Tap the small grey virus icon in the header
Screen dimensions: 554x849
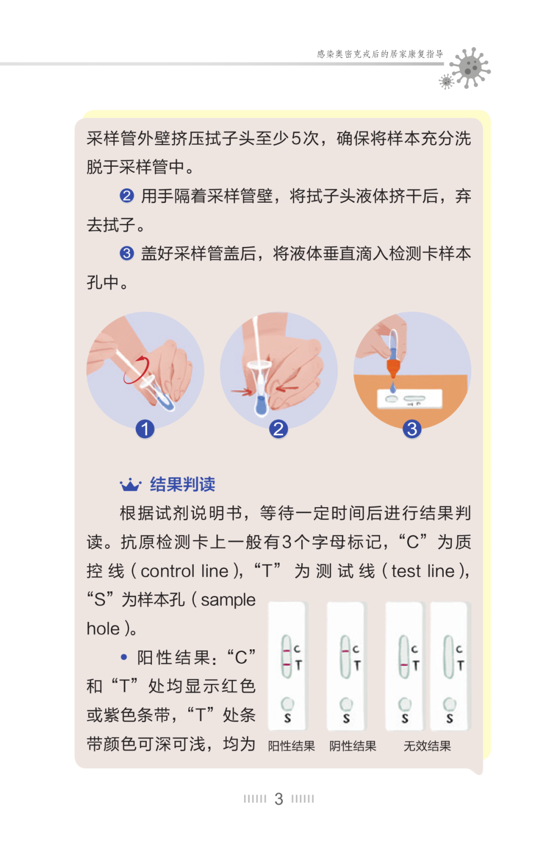point(446,82)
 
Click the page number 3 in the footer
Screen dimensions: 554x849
point(279,799)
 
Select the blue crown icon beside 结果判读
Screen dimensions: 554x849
point(131,485)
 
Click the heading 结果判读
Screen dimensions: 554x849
point(183,485)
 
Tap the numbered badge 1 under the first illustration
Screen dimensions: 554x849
point(145,429)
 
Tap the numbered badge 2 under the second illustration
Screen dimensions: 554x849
point(279,429)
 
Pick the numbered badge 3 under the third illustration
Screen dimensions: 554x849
point(412,429)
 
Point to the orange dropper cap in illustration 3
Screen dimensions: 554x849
point(393,367)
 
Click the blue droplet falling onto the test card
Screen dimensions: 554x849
point(393,388)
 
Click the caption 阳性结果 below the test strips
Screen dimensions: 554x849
point(291,746)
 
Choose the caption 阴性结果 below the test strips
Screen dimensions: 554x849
point(352,746)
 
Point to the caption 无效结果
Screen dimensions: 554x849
point(427,746)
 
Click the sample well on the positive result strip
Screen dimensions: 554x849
point(287,704)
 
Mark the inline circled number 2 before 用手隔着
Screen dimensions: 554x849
point(127,196)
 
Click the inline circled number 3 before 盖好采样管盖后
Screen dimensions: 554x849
point(127,253)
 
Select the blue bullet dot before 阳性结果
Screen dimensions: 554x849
point(124,657)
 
